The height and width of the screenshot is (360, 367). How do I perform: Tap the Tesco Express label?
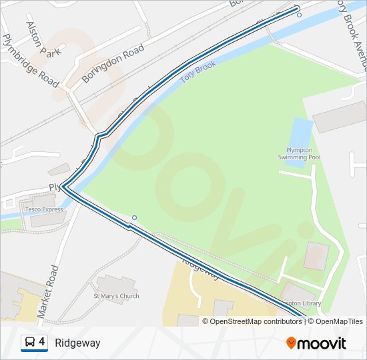pyautogui.click(x=44, y=209)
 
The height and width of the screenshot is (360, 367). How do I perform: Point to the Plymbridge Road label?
pyautogui.click(x=31, y=61)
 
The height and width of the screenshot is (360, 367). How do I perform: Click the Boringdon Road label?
pyautogui.click(x=113, y=64)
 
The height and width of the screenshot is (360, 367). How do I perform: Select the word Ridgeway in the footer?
pyautogui.click(x=77, y=343)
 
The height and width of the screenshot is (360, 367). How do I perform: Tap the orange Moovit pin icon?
pyautogui.click(x=292, y=343)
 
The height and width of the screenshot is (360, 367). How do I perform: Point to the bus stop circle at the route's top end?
pyautogui.click(x=298, y=14)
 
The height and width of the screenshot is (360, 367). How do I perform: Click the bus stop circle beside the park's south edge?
pyautogui.click(x=134, y=217)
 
